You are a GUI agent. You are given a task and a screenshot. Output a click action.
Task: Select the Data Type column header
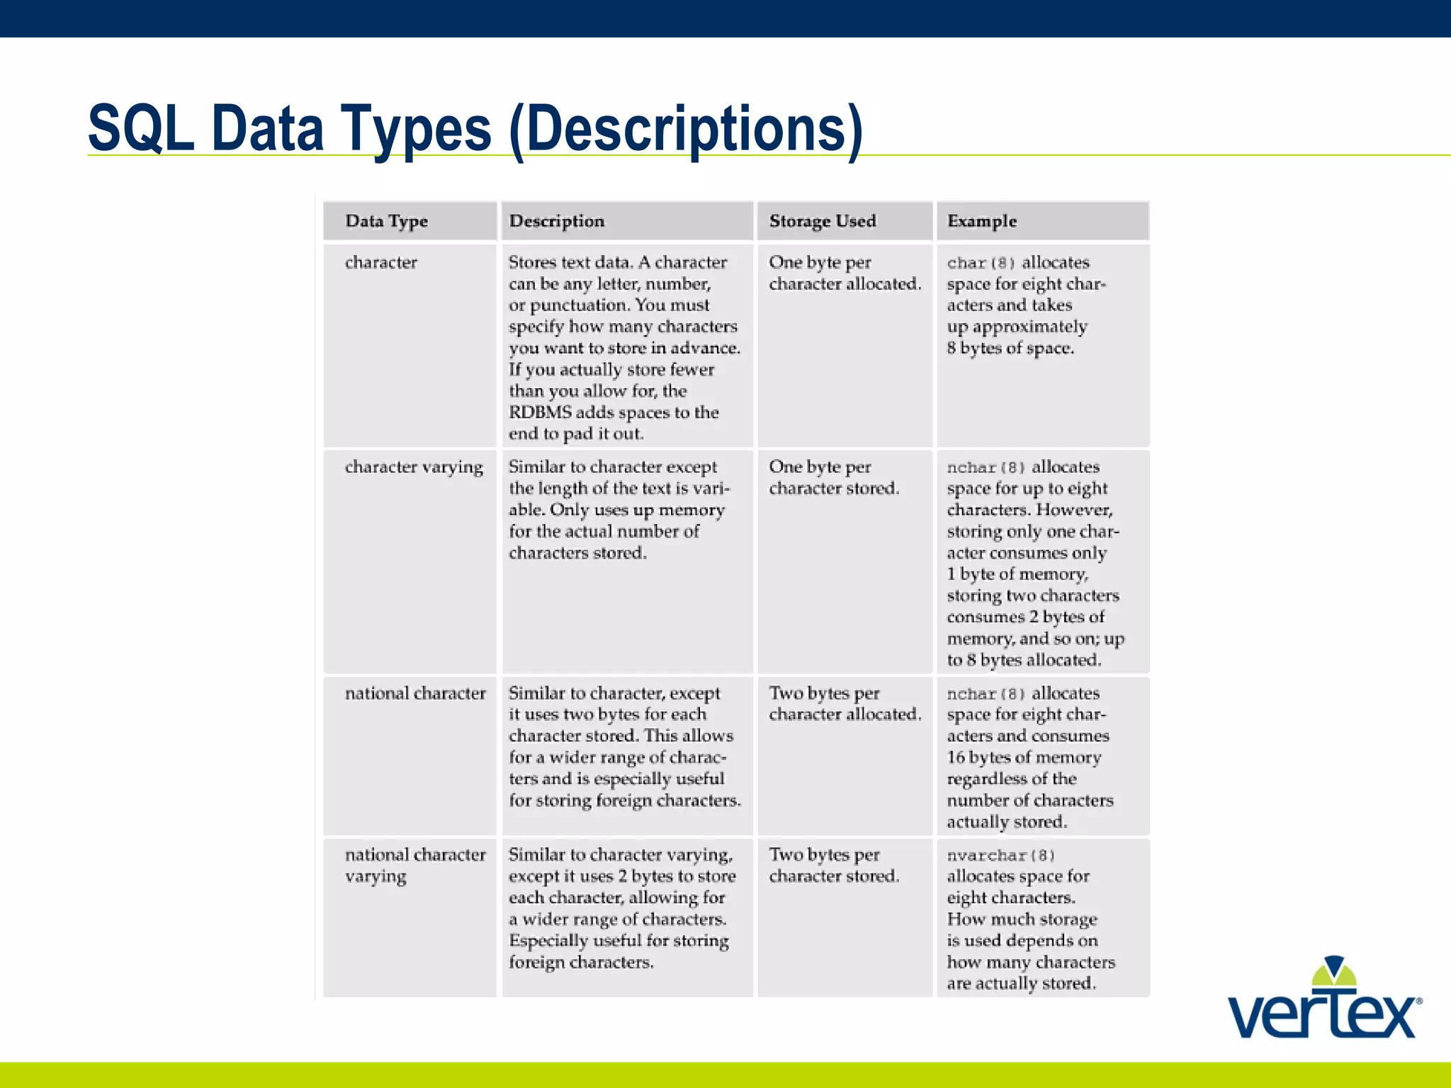tap(386, 221)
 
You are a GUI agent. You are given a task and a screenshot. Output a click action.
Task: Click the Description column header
tap(556, 221)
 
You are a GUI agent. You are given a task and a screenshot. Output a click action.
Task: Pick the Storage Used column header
tap(822, 221)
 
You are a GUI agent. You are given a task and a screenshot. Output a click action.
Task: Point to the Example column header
tap(981, 221)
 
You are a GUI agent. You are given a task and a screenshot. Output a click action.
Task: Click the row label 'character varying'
tap(414, 467)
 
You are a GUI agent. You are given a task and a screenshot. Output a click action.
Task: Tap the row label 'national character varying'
tap(415, 865)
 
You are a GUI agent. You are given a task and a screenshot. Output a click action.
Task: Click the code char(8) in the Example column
tap(981, 263)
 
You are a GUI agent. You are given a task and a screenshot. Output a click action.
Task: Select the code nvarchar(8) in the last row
tap(1001, 856)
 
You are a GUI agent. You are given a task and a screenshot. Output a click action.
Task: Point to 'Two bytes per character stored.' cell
tap(834, 866)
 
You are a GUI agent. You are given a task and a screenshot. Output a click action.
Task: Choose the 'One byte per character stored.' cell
tap(834, 477)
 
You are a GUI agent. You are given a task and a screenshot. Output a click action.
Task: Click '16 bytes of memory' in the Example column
tap(1024, 758)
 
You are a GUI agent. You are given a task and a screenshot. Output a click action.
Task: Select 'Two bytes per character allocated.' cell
tap(845, 704)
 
